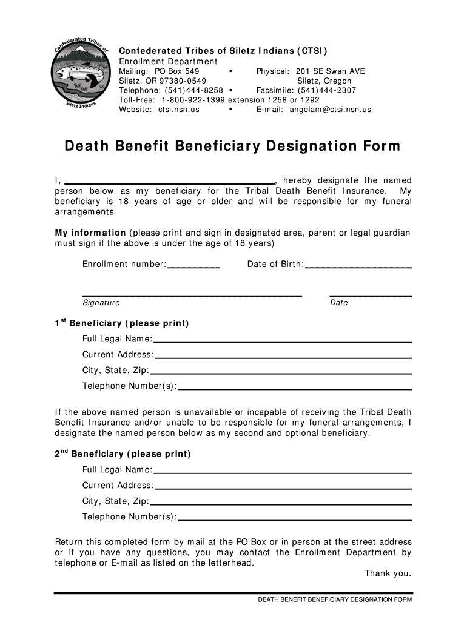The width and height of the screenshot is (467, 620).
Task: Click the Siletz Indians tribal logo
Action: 80,75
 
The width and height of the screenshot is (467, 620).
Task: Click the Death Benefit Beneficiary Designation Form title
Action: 233,147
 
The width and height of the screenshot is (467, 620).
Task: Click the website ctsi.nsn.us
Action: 178,110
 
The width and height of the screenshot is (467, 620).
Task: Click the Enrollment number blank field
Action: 193,265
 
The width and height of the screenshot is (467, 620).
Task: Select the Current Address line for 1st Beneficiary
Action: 283,356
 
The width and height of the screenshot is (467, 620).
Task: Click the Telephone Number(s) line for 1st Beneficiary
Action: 295,387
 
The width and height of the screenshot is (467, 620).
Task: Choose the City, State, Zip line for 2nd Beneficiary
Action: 281,503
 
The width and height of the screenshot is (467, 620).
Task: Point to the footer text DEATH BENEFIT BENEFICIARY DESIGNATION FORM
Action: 335,600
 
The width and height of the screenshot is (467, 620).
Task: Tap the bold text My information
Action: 90,233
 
